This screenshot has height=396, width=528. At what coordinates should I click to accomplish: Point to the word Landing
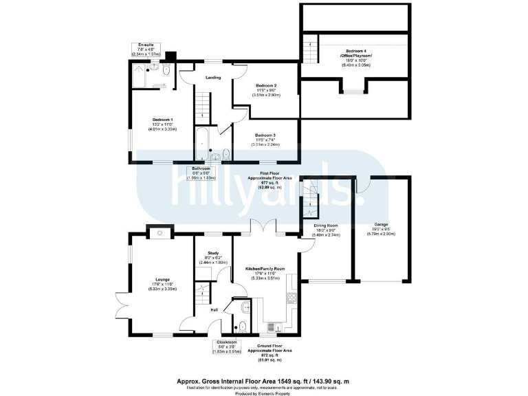point(214,78)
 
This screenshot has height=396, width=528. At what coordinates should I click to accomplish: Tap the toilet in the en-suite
point(167,69)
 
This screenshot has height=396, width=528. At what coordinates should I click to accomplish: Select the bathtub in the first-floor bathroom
point(202,143)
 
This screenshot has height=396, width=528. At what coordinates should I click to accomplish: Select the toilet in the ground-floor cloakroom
point(242,327)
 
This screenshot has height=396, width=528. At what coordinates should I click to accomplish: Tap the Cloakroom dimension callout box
point(227,346)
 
